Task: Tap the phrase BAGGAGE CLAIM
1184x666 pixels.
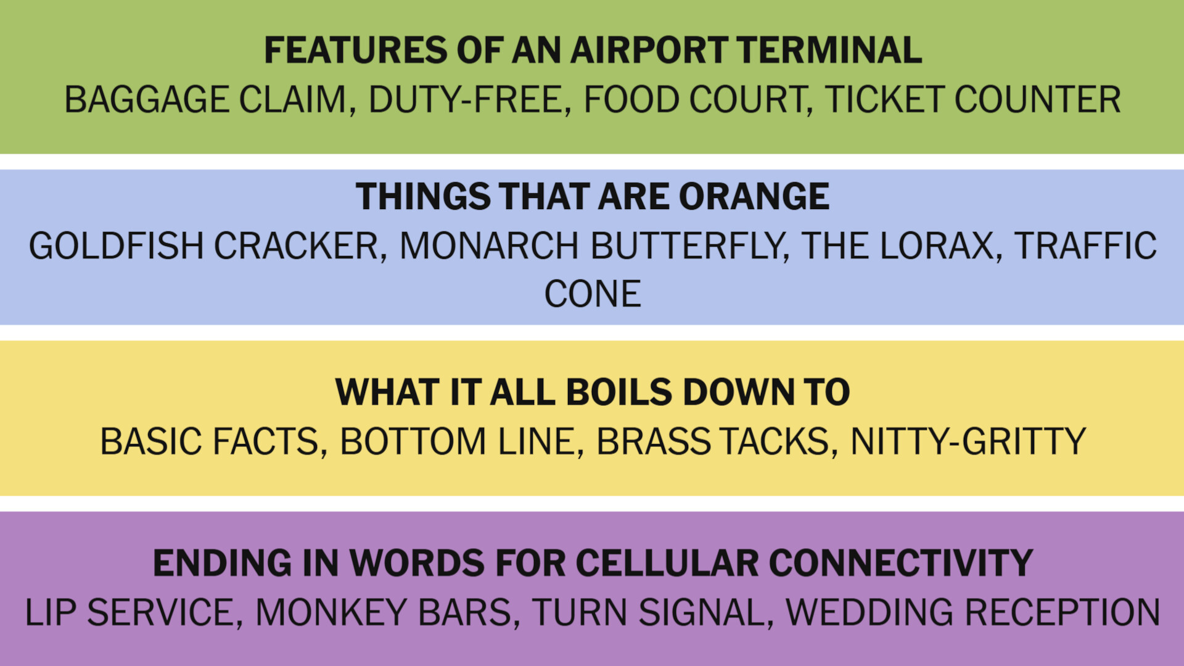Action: coord(206,100)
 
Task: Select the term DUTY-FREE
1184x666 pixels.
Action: coord(466,100)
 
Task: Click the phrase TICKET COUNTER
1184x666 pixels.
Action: coord(972,100)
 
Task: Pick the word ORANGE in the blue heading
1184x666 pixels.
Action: coord(754,197)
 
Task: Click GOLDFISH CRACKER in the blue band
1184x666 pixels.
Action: coord(203,246)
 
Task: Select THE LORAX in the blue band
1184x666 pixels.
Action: coord(898,246)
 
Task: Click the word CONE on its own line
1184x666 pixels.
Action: coord(592,294)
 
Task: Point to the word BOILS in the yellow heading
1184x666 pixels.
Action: coord(619,392)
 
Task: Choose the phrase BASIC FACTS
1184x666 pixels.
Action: coord(209,442)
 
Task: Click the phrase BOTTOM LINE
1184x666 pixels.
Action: coord(457,442)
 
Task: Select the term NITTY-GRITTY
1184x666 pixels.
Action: coord(968,442)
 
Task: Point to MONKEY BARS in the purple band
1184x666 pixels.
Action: coord(383,613)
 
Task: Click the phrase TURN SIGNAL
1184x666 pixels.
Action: coord(648,613)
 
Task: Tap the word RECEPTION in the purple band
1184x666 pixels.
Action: coord(1062,613)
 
